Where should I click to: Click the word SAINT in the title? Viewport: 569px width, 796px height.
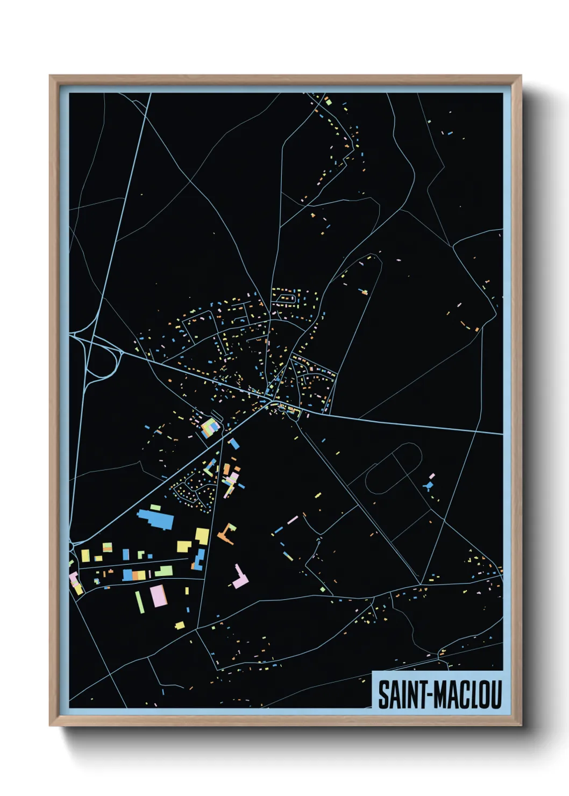coord(401,695)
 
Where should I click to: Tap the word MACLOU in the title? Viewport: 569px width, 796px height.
coord(467,695)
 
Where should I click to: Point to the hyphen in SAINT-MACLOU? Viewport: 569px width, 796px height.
coord(429,695)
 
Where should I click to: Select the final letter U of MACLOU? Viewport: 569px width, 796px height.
coord(495,695)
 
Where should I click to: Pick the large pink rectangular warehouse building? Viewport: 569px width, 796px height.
coord(159,596)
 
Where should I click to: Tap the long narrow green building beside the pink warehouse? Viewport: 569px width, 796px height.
coord(140,602)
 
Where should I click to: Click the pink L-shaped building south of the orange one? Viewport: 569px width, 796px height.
coord(240,578)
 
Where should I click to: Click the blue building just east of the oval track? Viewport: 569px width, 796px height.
coord(428,486)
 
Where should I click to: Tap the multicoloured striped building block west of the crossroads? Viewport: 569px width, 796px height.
coord(210,428)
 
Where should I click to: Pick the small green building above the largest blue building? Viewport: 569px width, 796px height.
coord(155,507)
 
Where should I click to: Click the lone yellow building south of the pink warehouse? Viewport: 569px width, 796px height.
coord(180,625)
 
